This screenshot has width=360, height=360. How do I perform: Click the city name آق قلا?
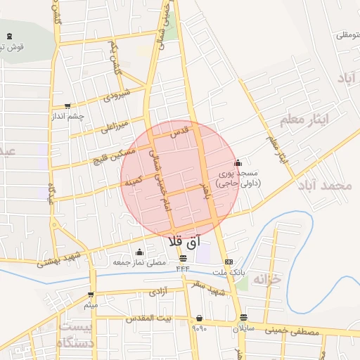[185, 240]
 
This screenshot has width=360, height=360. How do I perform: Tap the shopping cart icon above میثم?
[91, 295]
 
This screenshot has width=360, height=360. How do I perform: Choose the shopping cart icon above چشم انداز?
[67, 105]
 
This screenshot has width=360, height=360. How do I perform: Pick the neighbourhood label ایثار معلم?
[304, 120]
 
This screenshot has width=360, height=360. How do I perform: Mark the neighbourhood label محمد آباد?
[323, 186]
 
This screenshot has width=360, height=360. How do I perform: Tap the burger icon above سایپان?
[243, 317]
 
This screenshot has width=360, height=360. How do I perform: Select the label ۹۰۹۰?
[200, 327]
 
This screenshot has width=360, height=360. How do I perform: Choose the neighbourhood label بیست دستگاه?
[75, 335]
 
